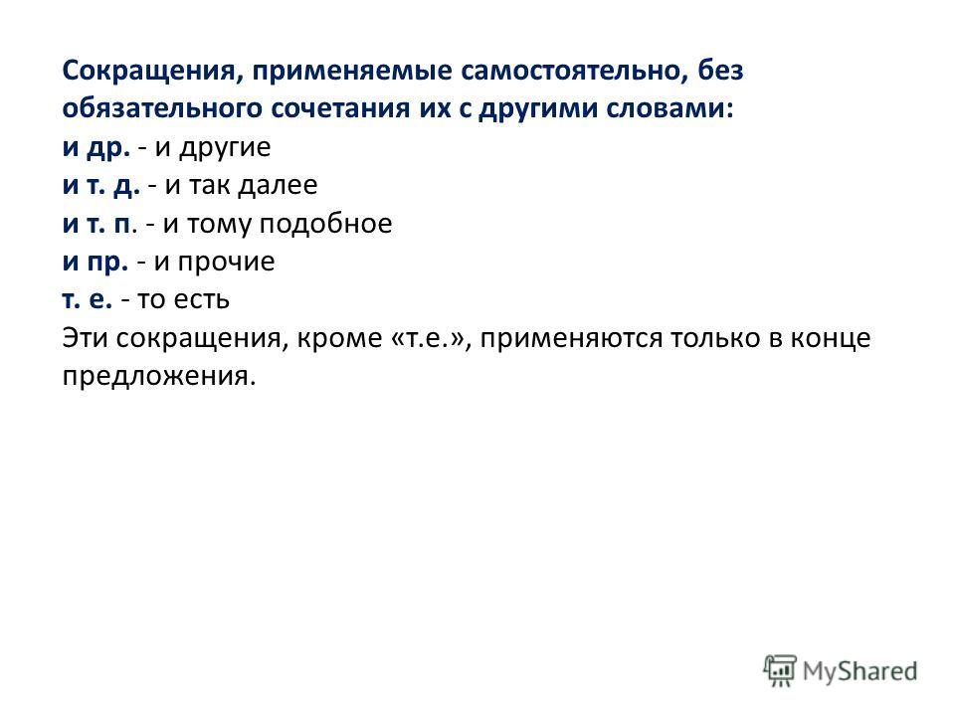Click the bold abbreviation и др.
[x=96, y=148]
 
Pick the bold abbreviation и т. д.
[x=101, y=186]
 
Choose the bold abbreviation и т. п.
[x=96, y=225]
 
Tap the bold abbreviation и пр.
[x=95, y=263]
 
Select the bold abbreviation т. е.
[x=88, y=300]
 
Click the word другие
[x=225, y=148]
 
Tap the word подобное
[x=326, y=225]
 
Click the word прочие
[x=226, y=263]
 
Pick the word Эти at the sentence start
[x=85, y=338]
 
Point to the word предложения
[x=158, y=377]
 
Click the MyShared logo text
[x=859, y=672]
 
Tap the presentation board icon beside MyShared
[x=780, y=670]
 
